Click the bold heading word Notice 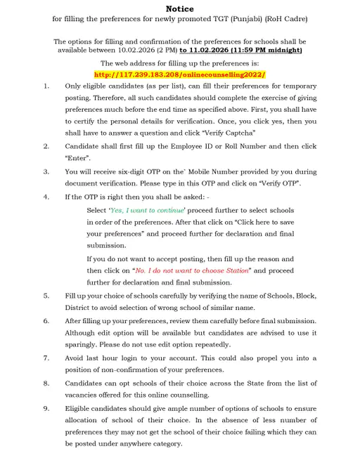(179, 9)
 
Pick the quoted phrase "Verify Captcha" (229, 132)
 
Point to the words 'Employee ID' (183, 145)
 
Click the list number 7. (46, 358)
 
